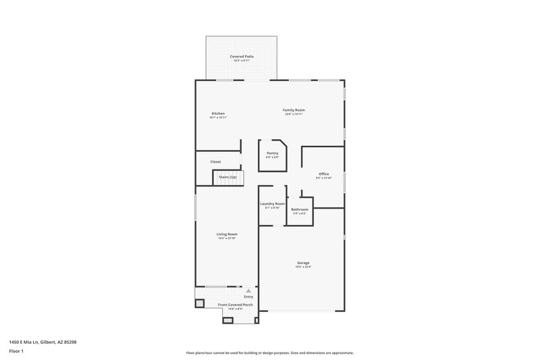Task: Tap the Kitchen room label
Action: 217,113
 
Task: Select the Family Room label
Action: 294,109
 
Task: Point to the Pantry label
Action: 272,153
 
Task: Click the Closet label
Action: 215,161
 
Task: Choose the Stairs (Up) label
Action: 227,177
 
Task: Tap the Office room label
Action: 324,174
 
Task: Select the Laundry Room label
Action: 272,203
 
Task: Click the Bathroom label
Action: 300,209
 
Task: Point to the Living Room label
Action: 227,234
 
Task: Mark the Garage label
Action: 303,262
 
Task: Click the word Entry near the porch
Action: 248,297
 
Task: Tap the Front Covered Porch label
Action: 235,305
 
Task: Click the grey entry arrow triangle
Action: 248,290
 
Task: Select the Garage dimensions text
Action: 303,267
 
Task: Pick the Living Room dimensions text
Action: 227,238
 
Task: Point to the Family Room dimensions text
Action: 294,114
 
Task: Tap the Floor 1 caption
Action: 17,352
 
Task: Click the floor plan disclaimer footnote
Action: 269,353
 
